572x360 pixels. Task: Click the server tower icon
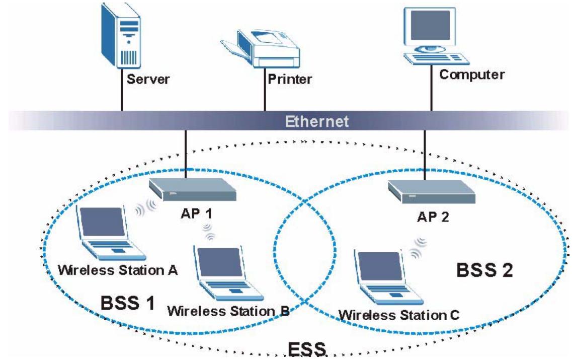121,36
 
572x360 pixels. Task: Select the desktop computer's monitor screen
430,26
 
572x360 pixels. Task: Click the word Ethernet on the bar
316,121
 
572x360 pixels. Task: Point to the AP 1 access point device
193,189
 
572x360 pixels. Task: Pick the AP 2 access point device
432,192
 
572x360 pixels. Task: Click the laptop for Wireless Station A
110,233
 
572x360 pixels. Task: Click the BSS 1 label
128,303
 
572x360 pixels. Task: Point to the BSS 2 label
484,270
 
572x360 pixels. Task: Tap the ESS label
307,349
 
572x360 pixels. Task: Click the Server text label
148,79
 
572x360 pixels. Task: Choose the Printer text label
290,79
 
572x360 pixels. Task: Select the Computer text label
472,75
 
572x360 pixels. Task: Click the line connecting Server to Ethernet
122,90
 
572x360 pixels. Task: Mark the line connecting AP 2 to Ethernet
425,155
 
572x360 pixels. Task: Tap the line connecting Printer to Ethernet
265,89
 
